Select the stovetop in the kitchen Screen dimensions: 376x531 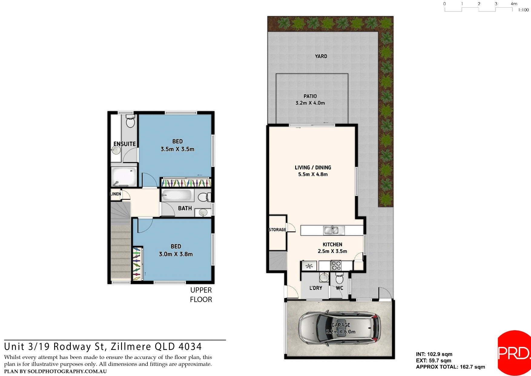tap(336, 266)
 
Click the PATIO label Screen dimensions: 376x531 tap(310, 96)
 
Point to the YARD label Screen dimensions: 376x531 tap(321, 56)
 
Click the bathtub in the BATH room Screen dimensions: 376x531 tap(177, 195)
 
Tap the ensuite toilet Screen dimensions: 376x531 tap(130, 121)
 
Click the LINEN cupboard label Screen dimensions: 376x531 tap(115, 194)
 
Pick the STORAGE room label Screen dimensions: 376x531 tap(277, 230)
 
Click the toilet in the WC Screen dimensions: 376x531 tap(339, 278)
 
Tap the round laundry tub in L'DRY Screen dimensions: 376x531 tap(324, 277)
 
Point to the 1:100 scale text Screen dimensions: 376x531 tap(523, 10)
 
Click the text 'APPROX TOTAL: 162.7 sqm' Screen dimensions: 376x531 tap(450, 367)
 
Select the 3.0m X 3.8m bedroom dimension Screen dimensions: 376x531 tap(176, 254)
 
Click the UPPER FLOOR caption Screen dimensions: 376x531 tap(201, 295)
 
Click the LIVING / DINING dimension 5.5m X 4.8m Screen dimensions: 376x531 tap(313, 174)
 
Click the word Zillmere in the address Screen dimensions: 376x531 tap(131, 347)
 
